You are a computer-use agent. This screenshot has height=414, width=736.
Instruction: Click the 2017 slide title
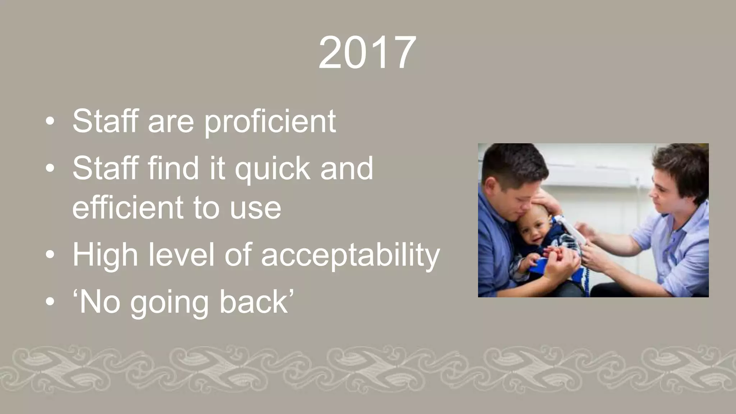367,53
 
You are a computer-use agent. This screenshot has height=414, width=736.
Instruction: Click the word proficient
270,121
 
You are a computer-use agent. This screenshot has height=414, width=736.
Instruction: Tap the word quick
273,169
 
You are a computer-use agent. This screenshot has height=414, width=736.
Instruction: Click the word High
105,255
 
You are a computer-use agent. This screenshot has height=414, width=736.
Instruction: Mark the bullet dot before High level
50,255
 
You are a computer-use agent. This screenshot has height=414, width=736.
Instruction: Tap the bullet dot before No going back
50,303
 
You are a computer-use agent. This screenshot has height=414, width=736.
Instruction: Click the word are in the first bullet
171,121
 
